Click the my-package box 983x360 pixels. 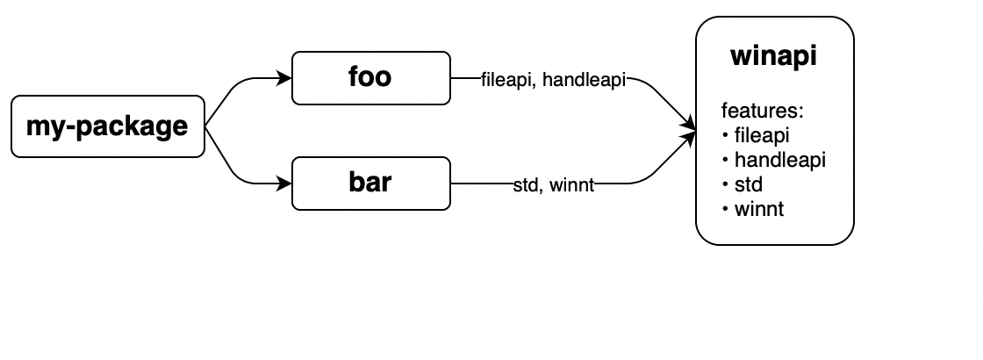107,126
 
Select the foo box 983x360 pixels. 370,78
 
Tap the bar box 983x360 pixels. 370,184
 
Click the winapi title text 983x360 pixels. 773,56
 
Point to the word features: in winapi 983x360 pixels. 763,112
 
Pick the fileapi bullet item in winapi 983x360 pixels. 762,136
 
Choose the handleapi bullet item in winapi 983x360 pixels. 779,161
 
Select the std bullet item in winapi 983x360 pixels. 748,185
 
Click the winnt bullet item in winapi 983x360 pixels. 758,210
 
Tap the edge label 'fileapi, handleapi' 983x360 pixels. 553,80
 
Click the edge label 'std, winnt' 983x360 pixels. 554,185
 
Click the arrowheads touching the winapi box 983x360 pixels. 689,132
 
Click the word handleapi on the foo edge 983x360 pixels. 584,80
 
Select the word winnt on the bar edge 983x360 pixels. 572,185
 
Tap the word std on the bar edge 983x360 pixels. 526,185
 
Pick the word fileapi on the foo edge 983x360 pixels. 507,80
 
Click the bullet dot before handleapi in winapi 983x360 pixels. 726,161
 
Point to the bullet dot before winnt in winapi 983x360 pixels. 726,210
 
